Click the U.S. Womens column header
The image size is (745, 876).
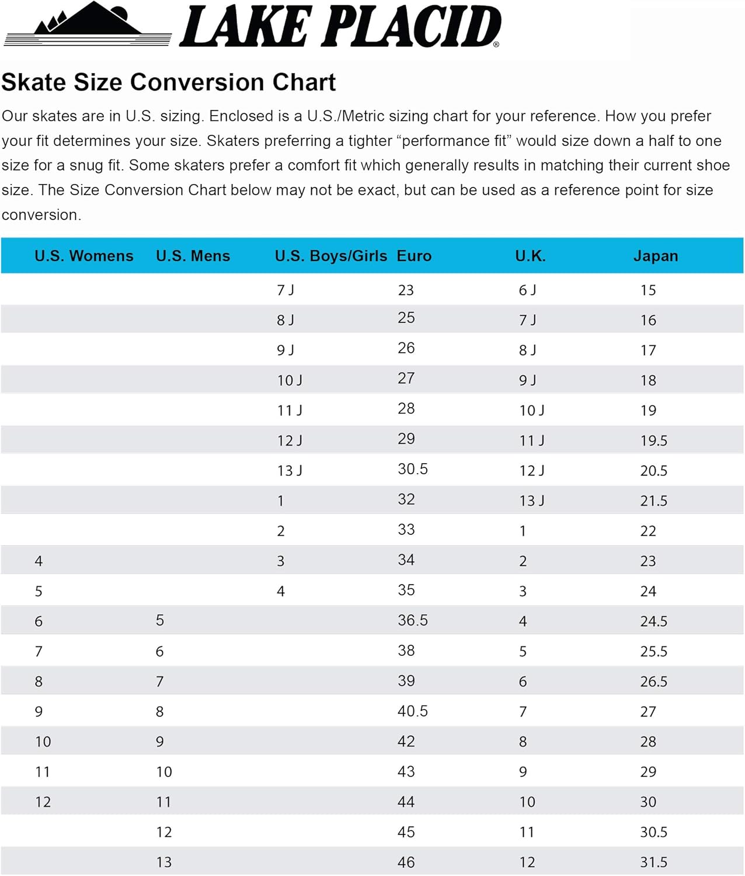[x=84, y=256]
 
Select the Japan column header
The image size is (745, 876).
[x=656, y=256]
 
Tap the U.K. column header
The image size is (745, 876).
[x=530, y=256]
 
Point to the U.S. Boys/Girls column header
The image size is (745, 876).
[x=331, y=256]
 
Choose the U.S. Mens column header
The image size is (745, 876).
[x=193, y=256]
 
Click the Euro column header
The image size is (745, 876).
[x=414, y=256]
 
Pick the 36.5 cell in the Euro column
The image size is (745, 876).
[x=413, y=620]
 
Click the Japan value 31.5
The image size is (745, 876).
[x=654, y=861]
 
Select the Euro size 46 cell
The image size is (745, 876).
[x=406, y=861]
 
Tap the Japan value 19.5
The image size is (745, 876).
[x=654, y=440]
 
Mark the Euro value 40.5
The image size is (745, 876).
[x=413, y=711]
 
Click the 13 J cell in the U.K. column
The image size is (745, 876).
[x=532, y=500]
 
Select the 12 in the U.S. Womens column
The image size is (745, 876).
[x=43, y=801]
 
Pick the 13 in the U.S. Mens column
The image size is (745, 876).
[x=164, y=861]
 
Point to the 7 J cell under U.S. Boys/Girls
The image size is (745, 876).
[x=285, y=290]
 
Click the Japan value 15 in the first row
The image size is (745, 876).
[x=648, y=290]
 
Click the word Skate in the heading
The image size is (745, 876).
[x=33, y=82]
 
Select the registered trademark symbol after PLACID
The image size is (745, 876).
[x=496, y=44]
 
